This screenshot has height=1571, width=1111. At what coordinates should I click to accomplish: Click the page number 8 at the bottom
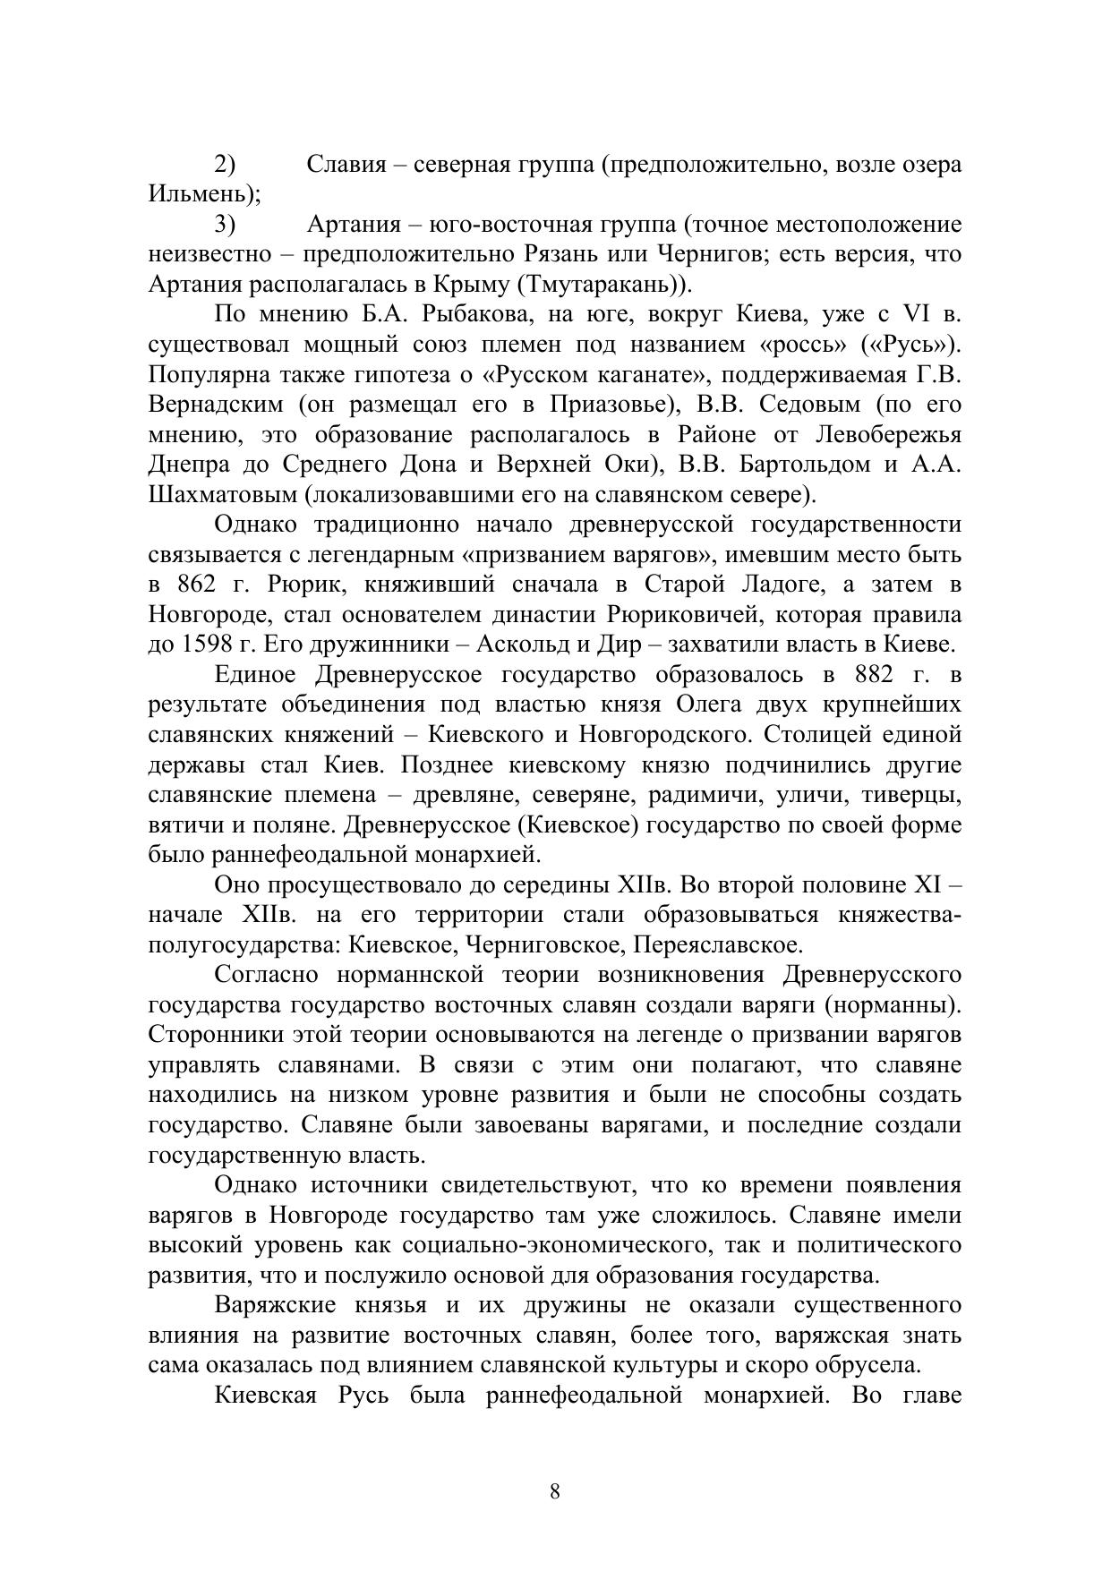pos(555,1491)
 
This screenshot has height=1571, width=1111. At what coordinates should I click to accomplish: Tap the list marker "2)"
pos(225,165)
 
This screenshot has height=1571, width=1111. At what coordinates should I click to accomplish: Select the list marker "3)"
pos(225,225)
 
